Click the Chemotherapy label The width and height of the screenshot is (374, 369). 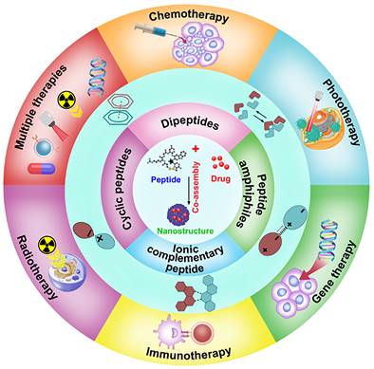pos(188,16)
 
